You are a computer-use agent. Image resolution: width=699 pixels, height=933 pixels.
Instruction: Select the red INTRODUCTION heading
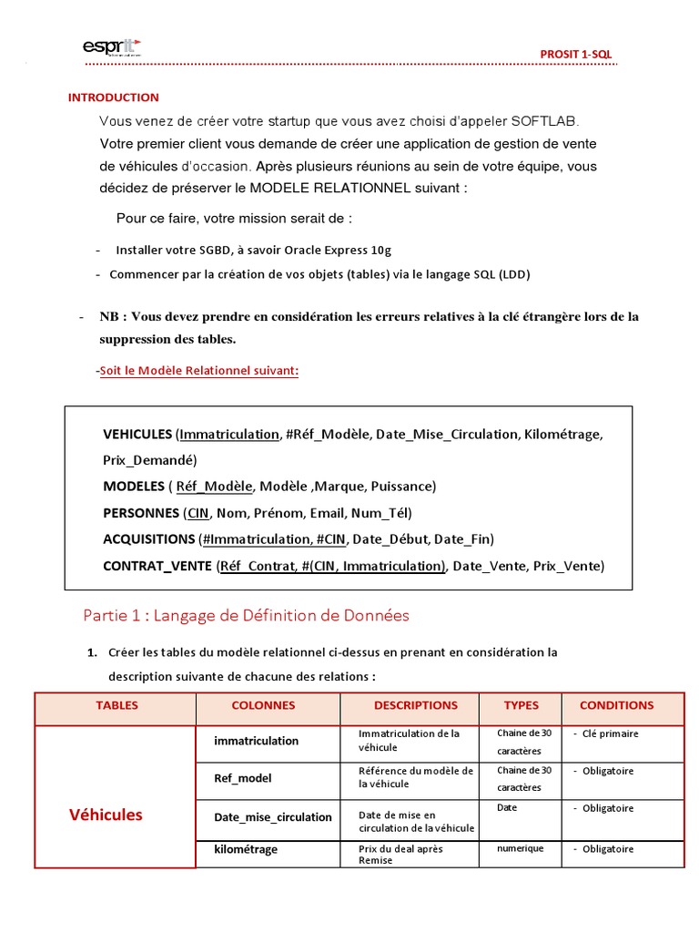click(x=114, y=97)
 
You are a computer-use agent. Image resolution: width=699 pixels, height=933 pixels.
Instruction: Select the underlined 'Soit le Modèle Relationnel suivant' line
click(x=199, y=371)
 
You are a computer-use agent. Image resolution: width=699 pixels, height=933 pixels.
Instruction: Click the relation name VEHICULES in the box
click(x=137, y=435)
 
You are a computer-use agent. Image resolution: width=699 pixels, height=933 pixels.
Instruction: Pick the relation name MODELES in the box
click(x=133, y=487)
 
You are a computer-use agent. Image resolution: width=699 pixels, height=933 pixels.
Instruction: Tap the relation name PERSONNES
click(x=141, y=513)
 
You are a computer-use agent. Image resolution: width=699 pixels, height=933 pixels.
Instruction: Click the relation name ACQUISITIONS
click(x=149, y=539)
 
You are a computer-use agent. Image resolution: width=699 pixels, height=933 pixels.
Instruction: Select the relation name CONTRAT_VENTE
click(x=157, y=566)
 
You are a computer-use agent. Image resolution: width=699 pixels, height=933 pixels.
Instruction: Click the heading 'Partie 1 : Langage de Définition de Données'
click(x=246, y=616)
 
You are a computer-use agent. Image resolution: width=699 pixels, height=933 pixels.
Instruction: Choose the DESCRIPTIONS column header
click(x=415, y=705)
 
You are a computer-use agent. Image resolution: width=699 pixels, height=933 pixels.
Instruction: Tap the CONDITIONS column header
click(x=616, y=705)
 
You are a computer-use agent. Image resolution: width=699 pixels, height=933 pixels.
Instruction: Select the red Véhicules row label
click(x=106, y=815)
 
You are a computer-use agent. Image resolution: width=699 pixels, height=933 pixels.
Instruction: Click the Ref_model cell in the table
click(x=242, y=778)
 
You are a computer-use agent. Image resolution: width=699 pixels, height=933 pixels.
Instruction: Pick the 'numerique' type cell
click(x=520, y=848)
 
